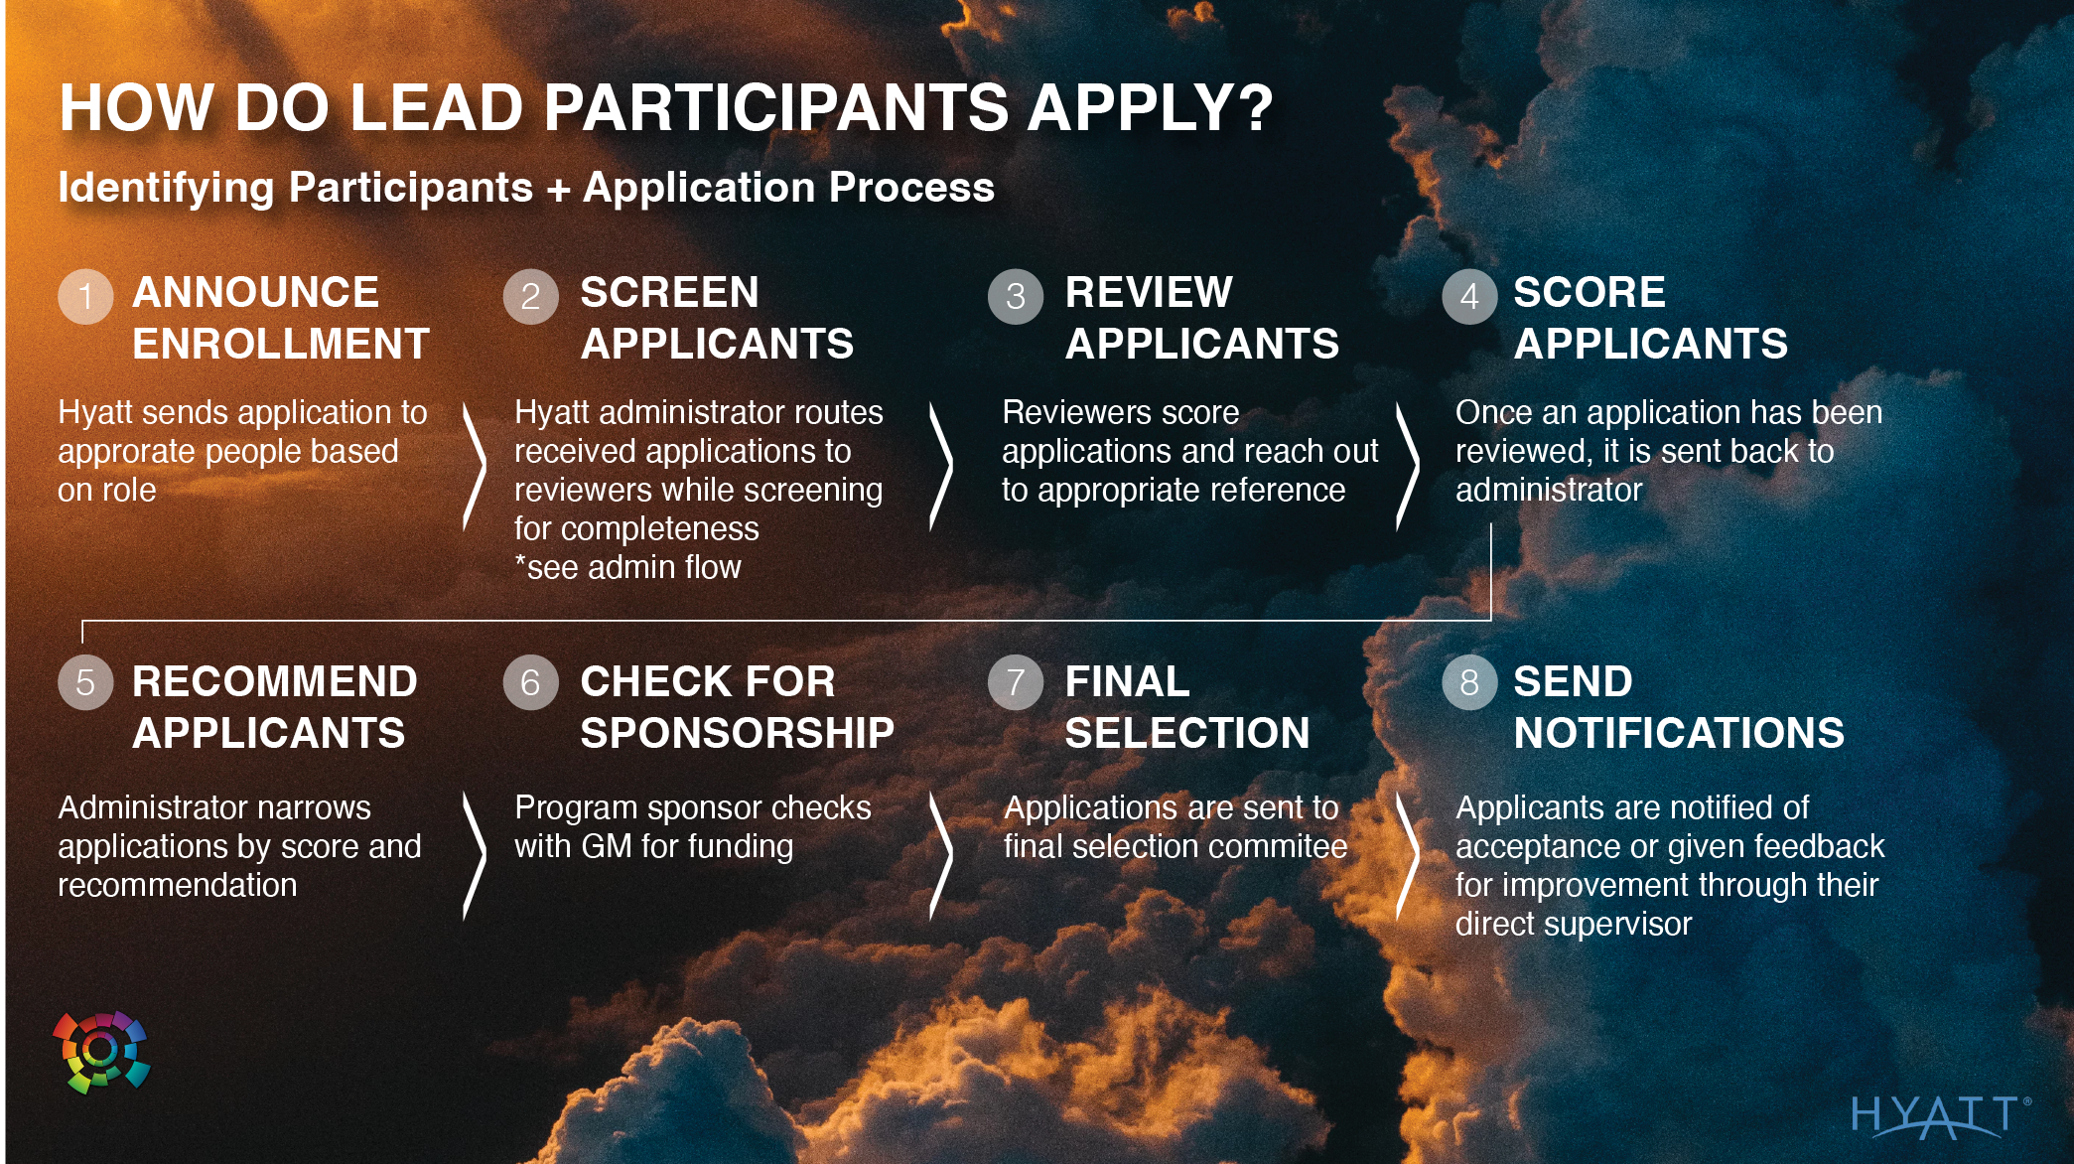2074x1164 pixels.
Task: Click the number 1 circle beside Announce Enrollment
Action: point(85,296)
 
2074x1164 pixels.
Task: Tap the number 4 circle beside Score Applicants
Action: point(1469,296)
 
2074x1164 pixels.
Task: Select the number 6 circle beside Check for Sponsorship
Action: point(530,682)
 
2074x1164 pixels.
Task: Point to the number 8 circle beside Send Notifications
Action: point(1469,682)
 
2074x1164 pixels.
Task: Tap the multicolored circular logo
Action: point(101,1052)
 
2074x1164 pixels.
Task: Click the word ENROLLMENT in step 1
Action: point(281,344)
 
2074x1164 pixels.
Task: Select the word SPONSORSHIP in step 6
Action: point(738,733)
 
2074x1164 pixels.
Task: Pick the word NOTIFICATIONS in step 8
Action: point(1679,733)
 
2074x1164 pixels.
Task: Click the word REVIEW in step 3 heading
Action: point(1149,292)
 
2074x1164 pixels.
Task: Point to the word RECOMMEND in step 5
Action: point(275,681)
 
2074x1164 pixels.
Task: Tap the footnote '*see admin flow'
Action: point(627,567)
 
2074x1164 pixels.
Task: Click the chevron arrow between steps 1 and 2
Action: point(476,465)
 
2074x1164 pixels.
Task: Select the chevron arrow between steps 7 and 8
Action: point(1408,855)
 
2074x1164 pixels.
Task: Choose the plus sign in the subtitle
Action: point(558,189)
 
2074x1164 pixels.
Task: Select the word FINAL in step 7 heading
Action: point(1127,681)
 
